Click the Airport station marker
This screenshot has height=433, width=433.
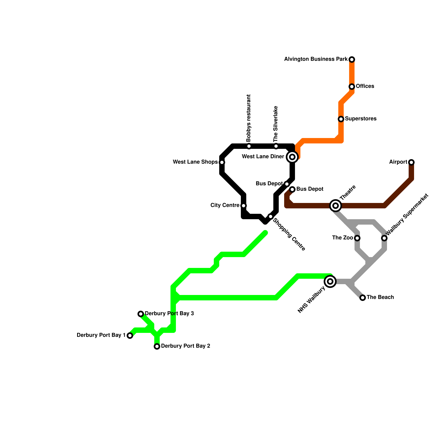411,162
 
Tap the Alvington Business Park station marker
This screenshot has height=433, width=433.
352,60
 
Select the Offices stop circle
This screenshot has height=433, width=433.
352,87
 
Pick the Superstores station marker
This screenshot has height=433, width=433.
341,119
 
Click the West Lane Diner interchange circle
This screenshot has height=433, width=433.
292,157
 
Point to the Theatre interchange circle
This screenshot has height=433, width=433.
336,206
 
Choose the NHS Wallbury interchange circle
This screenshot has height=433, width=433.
330,281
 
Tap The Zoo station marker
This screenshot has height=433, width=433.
357,238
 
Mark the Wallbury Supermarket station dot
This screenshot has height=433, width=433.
384,238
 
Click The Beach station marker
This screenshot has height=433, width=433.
363,298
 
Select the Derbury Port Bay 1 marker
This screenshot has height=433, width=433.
130,336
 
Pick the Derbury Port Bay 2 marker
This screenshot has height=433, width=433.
157,346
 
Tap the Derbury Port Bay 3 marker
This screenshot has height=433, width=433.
141,314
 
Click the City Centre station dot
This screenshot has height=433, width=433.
244,206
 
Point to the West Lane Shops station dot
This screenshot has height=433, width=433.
222,162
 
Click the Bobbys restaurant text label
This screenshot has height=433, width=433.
249,118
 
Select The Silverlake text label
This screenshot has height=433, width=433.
276,124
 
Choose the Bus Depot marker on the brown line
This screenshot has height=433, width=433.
292,189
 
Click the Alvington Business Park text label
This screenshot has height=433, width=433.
316,59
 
